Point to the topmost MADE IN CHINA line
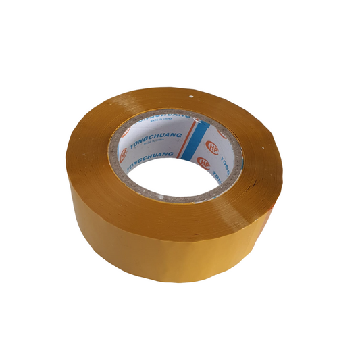(x=161, y=120)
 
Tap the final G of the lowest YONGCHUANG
(x=171, y=153)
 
